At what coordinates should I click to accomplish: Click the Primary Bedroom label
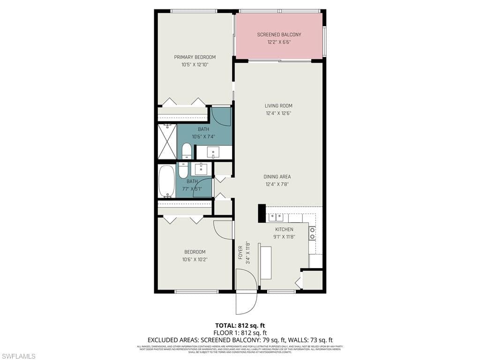195,57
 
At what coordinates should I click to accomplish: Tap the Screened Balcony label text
279,35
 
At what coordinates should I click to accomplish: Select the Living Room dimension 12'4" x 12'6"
278,113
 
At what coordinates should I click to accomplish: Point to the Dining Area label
277,177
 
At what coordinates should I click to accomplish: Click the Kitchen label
284,229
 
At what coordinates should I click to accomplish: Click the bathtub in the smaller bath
166,181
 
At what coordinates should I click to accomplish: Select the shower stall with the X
167,141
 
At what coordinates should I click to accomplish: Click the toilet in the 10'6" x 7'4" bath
187,151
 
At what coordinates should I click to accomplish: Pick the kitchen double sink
276,217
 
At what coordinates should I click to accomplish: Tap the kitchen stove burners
312,233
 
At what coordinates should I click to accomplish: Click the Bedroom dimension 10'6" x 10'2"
195,259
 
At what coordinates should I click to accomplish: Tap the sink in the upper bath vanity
213,152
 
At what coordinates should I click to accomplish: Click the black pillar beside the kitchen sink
262,213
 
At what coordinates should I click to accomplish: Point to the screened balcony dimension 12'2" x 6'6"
279,42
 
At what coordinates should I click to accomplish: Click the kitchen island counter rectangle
266,261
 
